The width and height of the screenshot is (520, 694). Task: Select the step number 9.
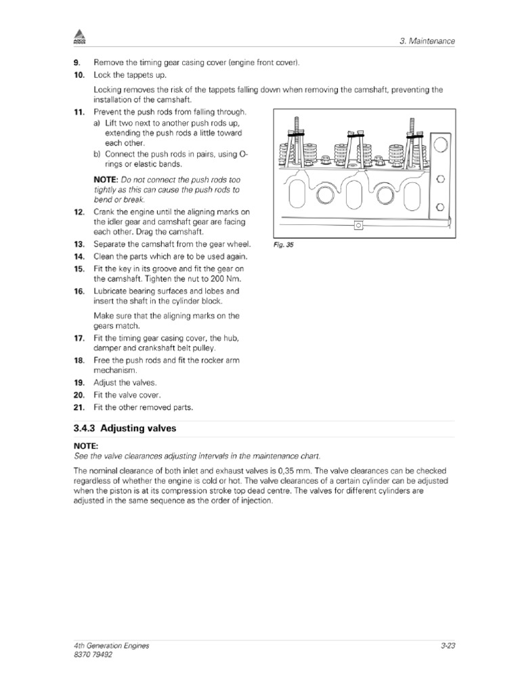tap(78, 63)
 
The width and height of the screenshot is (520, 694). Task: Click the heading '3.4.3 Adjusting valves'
tap(125, 429)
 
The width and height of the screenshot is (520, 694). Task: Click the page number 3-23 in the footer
tap(446, 646)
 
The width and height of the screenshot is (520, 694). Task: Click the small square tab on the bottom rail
tap(357, 226)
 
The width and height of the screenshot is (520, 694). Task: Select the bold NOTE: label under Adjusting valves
tap(86, 445)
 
